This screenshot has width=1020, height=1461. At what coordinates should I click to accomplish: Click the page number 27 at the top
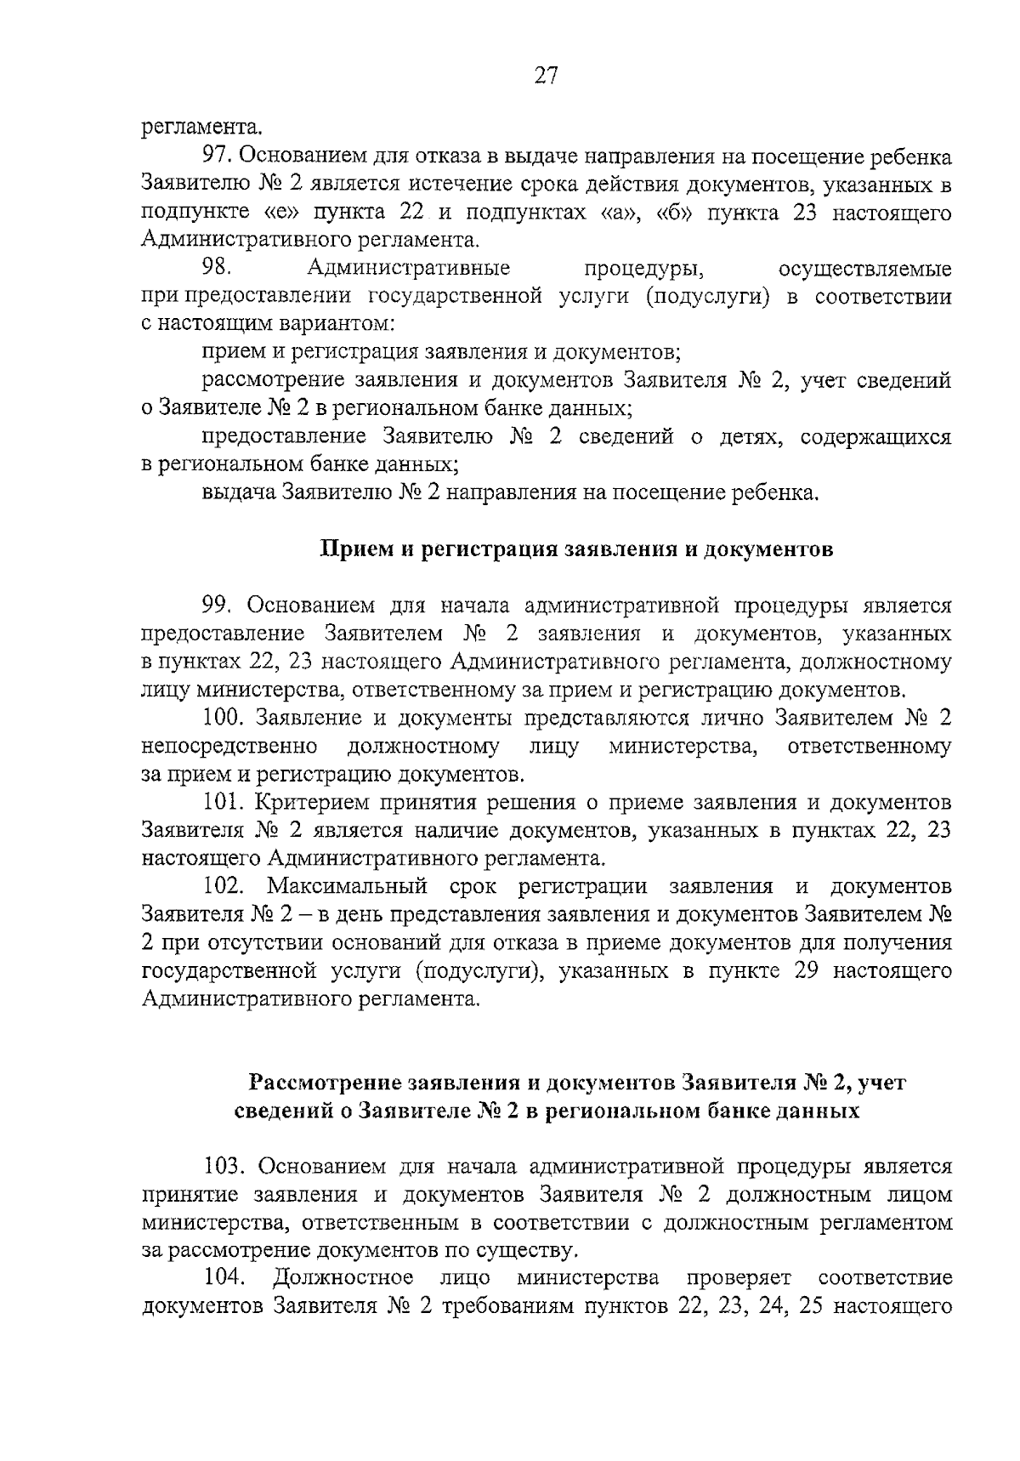[x=546, y=77]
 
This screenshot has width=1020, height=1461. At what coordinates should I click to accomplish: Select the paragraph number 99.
[x=218, y=605]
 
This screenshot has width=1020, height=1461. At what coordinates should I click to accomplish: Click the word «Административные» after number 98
[x=408, y=269]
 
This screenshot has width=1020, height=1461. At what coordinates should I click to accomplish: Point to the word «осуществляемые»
[x=864, y=269]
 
